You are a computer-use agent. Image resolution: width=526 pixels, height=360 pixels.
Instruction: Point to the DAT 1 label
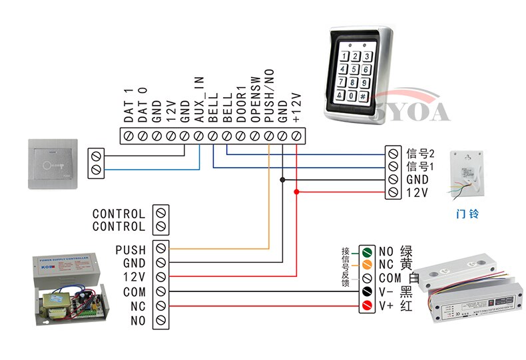(129, 106)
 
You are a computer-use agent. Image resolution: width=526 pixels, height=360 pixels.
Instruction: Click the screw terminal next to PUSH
(160, 250)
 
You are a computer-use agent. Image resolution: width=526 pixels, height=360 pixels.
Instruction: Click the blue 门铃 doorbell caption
(467, 214)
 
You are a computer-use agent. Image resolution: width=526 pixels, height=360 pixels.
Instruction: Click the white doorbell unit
(469, 174)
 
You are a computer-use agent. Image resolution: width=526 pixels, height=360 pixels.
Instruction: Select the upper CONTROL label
(119, 214)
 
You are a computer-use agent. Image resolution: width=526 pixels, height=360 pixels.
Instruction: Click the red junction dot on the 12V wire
(297, 192)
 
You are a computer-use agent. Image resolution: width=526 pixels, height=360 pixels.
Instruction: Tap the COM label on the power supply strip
(134, 291)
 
